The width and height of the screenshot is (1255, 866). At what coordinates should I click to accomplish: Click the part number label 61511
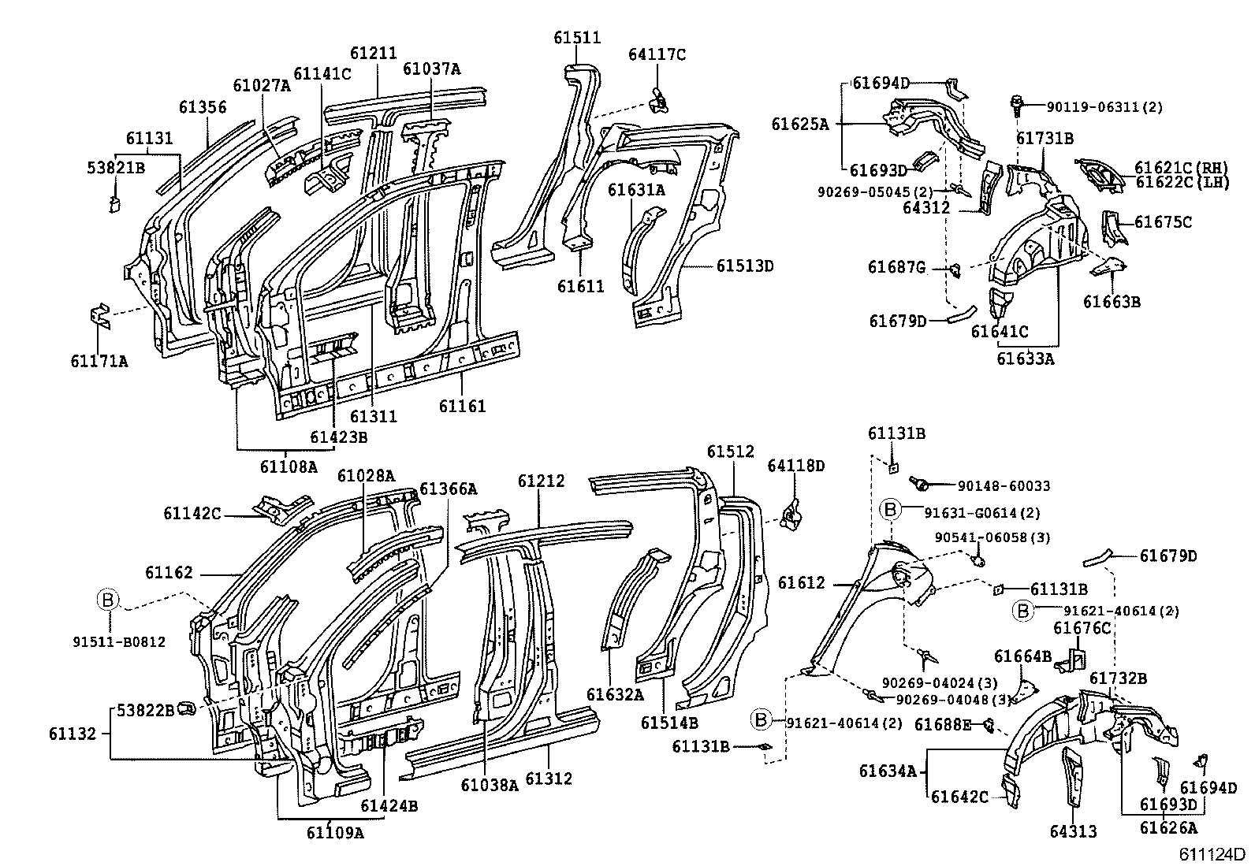coord(577,38)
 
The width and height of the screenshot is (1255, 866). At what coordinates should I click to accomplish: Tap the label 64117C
coord(657,54)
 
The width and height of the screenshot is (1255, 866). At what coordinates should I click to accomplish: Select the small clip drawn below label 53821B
coord(114,204)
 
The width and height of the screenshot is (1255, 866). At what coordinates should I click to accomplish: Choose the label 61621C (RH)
coord(1181,167)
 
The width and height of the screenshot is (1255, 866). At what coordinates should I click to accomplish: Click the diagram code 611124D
coord(1212,853)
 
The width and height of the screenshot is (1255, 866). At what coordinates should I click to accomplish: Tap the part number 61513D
coord(745,266)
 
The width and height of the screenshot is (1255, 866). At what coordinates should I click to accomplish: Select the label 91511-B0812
coord(119,642)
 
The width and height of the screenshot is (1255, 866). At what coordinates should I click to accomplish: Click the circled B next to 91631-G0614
coord(890,510)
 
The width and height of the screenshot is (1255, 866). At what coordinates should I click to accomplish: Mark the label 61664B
coord(1022,656)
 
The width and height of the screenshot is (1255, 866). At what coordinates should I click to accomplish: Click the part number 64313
coord(1073,831)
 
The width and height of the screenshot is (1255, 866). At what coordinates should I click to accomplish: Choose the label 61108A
coord(288,466)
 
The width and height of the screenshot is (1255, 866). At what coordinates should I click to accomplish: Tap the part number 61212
coord(541,481)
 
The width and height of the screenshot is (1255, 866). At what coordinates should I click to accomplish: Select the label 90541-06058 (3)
coord(992,537)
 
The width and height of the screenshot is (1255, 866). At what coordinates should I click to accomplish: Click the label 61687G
coord(896,267)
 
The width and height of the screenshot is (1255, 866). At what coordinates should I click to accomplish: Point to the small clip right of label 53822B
coord(186,710)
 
